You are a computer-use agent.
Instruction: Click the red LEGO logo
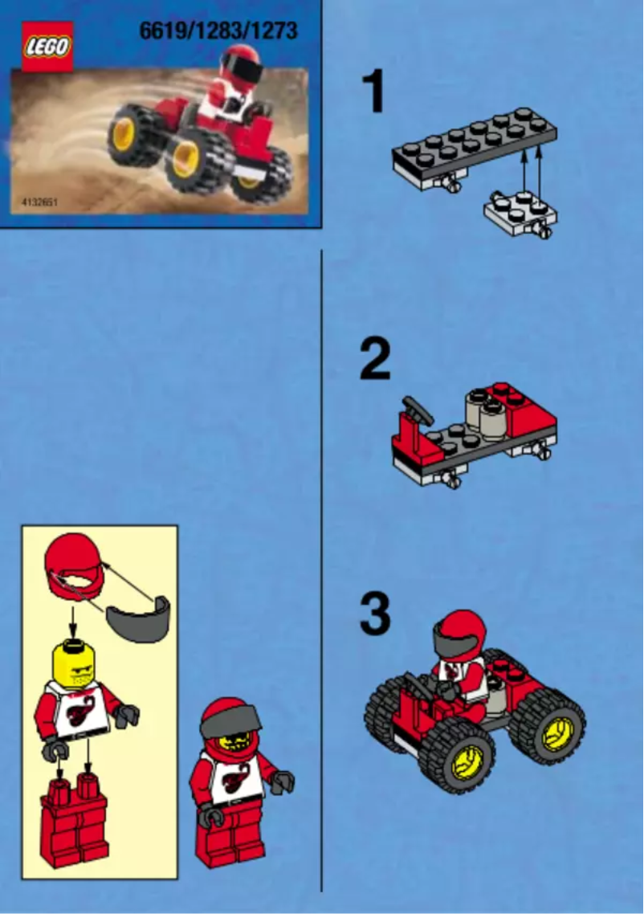47,47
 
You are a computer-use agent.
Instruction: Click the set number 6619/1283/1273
218,31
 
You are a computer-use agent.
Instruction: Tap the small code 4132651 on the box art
35,202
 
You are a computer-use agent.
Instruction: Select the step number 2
375,361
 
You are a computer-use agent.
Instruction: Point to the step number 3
375,614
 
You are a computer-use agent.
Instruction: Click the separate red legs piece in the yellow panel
74,819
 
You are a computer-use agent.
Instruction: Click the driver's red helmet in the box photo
241,64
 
